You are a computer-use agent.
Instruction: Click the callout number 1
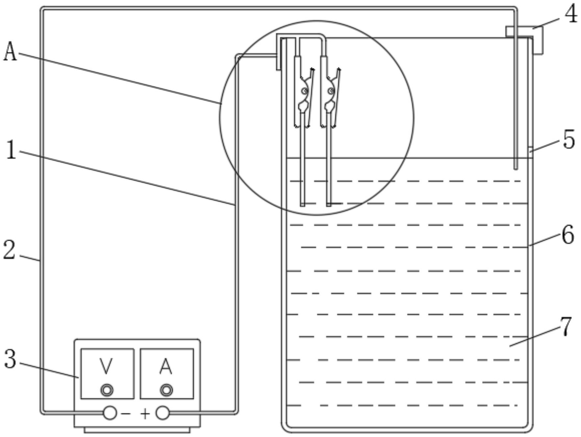point(12,150)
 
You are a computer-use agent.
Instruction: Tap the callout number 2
point(9,250)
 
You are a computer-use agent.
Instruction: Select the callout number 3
point(10,359)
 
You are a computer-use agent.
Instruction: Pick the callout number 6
point(568,235)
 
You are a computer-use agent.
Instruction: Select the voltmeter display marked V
point(107,374)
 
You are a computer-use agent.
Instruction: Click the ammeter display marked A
point(167,374)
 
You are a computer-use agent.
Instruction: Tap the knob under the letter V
point(107,390)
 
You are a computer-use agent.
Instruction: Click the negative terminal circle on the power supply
point(110,413)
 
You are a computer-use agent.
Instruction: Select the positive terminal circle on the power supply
point(162,413)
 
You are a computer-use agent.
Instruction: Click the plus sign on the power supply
point(145,414)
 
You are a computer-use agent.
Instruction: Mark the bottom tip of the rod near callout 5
point(516,168)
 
